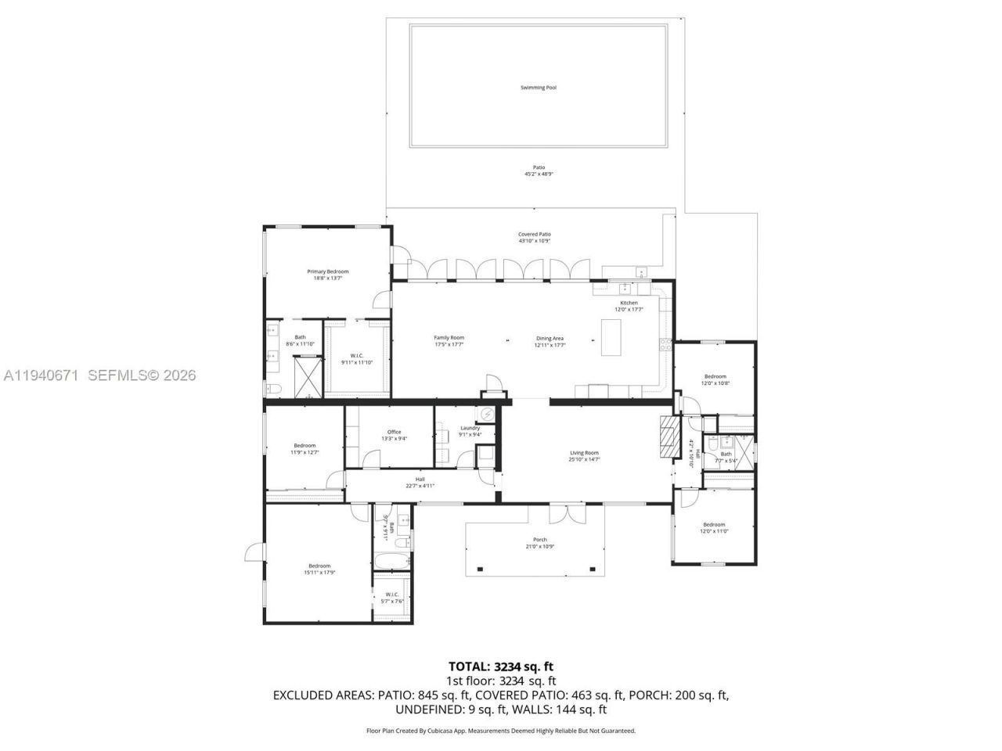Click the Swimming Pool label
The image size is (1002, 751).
[x=539, y=88]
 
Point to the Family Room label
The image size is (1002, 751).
[x=449, y=341]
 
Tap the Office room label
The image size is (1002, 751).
[x=394, y=435]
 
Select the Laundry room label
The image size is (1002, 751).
[x=470, y=431]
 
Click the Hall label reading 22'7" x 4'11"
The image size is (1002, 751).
[x=420, y=482]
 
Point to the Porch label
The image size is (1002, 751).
[x=540, y=542]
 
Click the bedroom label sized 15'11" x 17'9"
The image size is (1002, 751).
[x=319, y=569]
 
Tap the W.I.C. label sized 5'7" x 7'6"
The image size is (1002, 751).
[x=392, y=598]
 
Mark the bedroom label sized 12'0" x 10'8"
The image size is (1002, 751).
[x=715, y=379]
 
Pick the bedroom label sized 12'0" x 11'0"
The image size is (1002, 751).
[x=714, y=528]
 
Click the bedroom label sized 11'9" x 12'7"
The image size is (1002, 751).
[x=305, y=448]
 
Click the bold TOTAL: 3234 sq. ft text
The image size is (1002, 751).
[x=501, y=667]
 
